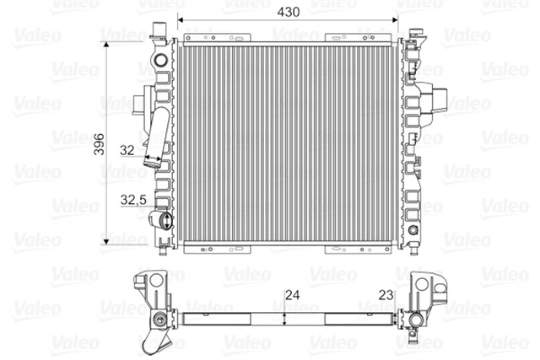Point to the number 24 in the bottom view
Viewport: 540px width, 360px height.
click(x=291, y=297)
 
